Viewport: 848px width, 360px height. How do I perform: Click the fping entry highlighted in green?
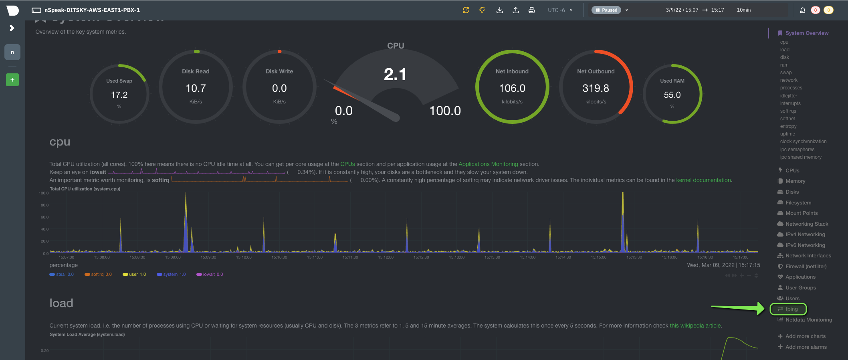point(788,309)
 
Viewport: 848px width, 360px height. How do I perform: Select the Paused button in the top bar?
point(606,10)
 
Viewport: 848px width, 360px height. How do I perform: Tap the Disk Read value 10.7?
point(196,88)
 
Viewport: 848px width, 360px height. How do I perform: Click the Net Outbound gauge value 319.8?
point(596,88)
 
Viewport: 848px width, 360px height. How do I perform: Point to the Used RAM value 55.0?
point(672,95)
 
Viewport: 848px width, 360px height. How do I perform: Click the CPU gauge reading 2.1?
point(395,74)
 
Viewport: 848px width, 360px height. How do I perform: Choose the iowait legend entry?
point(210,275)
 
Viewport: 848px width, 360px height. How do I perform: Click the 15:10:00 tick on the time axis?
point(244,257)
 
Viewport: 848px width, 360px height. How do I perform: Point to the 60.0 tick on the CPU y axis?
point(44,217)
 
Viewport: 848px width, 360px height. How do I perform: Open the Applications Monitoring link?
point(488,164)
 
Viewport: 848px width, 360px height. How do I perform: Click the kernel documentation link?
point(703,180)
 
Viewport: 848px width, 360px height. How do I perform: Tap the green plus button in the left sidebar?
point(12,80)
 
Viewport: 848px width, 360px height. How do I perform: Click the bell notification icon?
point(802,10)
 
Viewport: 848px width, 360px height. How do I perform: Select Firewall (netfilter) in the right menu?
point(806,267)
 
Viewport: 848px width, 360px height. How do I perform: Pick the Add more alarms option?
point(806,347)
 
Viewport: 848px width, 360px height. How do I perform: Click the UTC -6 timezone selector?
point(560,10)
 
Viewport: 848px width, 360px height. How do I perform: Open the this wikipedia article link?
point(695,326)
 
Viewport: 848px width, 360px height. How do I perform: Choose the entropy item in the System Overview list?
point(788,126)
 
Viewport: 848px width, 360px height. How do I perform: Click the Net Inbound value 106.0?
point(512,88)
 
